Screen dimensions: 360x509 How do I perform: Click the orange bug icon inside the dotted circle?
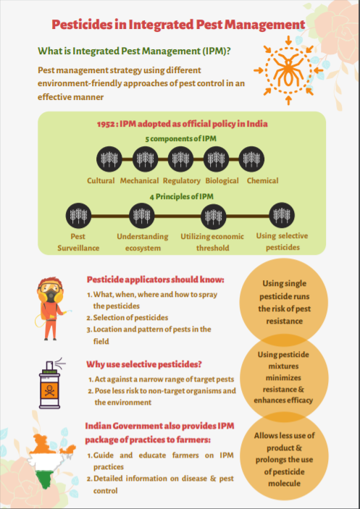pyautogui.click(x=288, y=69)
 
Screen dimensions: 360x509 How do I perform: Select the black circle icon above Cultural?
pyautogui.click(x=109, y=159)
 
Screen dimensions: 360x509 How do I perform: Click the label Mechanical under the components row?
pyautogui.click(x=139, y=180)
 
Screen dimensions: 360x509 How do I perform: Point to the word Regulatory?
pyautogui.click(x=182, y=181)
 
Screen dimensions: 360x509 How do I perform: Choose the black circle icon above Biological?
pyautogui.click(x=216, y=159)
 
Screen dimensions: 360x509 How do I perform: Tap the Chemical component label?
pyautogui.click(x=262, y=180)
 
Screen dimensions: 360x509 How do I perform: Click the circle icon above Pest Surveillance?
pyautogui.click(x=78, y=216)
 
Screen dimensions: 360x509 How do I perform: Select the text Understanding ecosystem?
pyautogui.click(x=143, y=242)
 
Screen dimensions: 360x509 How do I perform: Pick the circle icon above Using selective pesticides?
pyautogui.click(x=282, y=216)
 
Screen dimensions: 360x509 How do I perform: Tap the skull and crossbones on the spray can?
pyautogui.click(x=50, y=389)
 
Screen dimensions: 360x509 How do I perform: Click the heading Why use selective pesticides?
pyautogui.click(x=144, y=364)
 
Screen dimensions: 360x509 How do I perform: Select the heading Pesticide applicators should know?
pyautogui.click(x=156, y=279)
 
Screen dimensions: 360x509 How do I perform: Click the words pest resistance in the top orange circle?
pyautogui.click(x=284, y=315)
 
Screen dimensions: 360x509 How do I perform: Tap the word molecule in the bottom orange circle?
pyautogui.click(x=284, y=484)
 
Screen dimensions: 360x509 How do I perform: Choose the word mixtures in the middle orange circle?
pyautogui.click(x=284, y=366)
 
